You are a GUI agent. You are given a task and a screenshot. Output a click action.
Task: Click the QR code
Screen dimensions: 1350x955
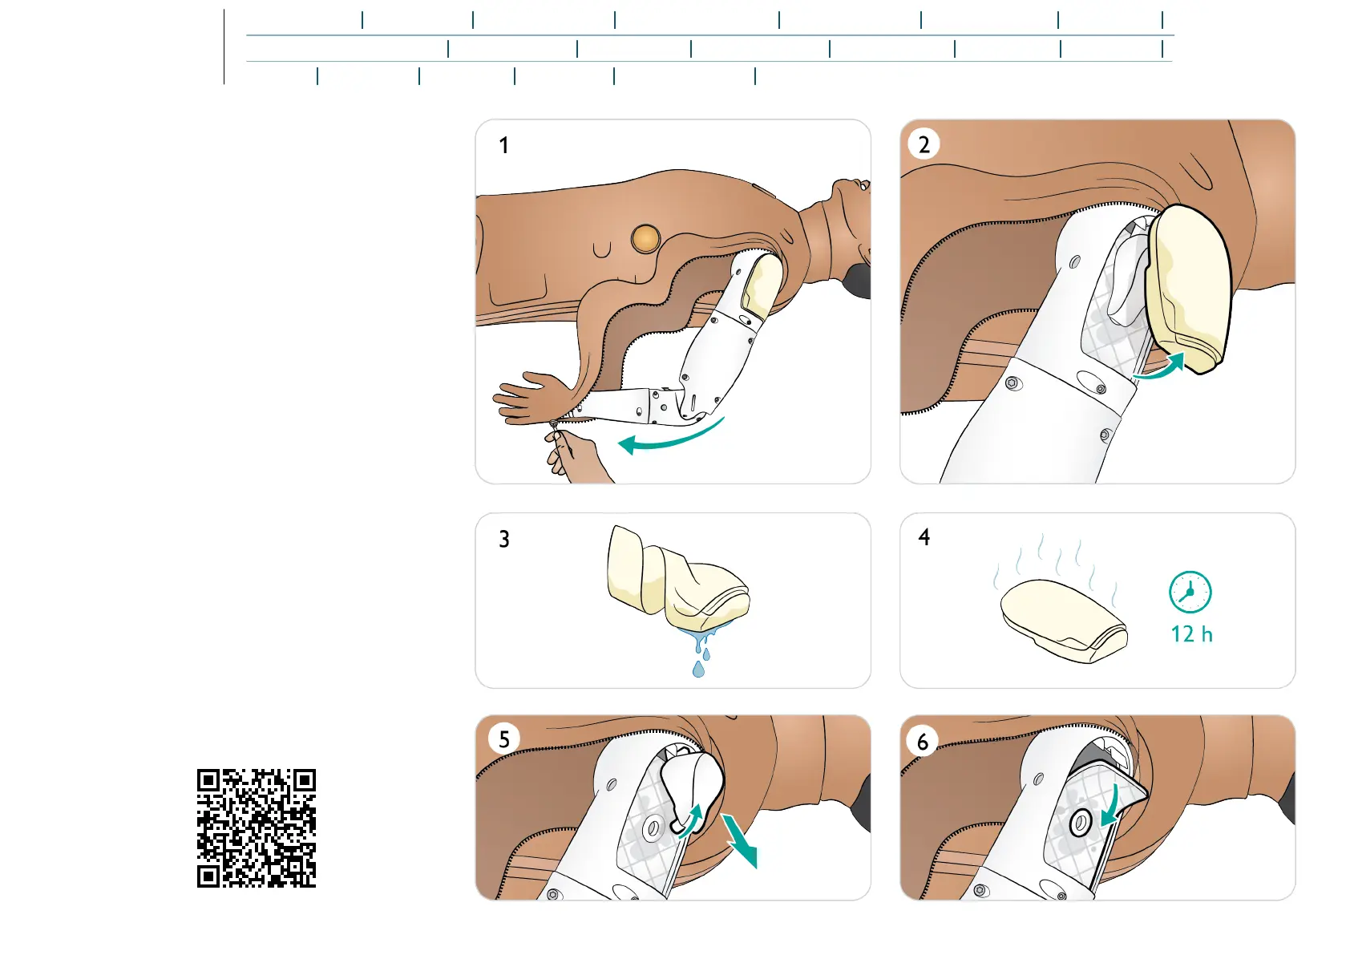tap(257, 828)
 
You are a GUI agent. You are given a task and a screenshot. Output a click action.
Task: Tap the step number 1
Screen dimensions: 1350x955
tap(503, 145)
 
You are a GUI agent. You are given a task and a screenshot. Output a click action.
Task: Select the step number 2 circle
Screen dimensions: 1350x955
tap(924, 144)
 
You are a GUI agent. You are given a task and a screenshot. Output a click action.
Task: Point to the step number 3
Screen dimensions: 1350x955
tap(503, 539)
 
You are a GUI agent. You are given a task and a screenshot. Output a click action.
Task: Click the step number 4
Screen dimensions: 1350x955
tap(924, 537)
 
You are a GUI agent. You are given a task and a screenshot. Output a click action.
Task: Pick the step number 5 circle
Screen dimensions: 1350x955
tap(503, 739)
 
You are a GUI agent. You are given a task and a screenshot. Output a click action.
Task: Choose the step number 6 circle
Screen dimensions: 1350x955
tap(923, 742)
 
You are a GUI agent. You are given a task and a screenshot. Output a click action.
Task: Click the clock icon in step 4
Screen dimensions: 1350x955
tap(1190, 593)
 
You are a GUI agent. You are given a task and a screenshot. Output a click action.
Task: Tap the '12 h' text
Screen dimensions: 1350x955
tap(1191, 634)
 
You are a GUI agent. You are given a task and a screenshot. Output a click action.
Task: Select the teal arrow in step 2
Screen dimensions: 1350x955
tap(1161, 367)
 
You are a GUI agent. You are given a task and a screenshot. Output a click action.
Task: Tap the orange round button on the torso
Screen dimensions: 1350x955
tap(645, 238)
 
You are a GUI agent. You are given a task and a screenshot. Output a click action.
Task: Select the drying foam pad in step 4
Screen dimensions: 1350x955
tap(1062, 619)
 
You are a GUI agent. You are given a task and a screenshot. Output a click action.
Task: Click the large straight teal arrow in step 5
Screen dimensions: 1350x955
tap(739, 840)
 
